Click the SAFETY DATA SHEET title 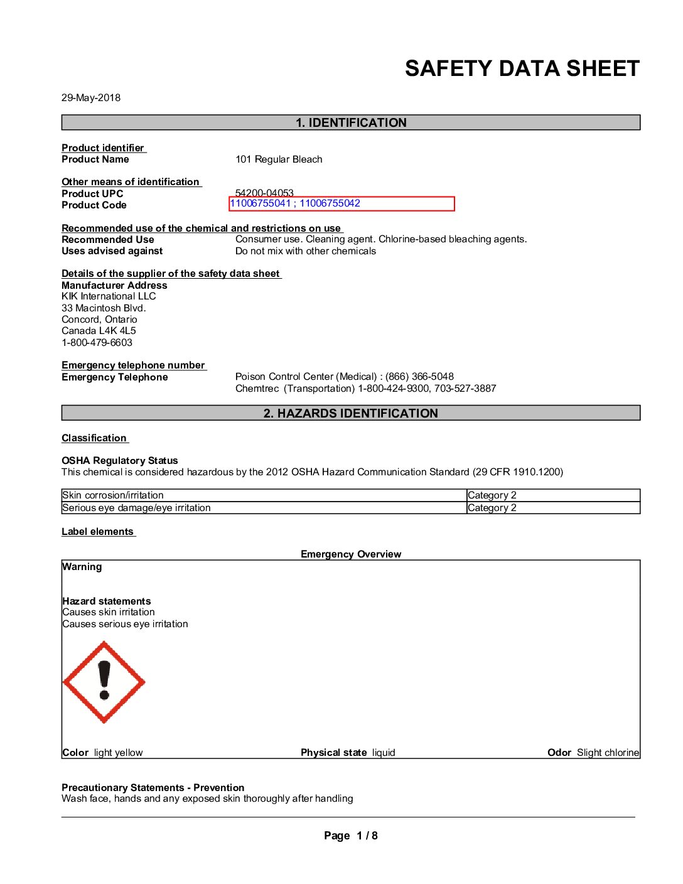pos(522,68)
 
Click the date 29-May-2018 pos(91,97)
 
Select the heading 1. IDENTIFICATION pos(351,122)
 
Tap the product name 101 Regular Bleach pos(279,159)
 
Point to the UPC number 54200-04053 pos(264,192)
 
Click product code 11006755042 pos(330,203)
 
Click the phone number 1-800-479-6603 pos(97,343)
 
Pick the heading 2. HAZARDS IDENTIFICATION pos(351,413)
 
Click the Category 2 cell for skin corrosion pos(492,495)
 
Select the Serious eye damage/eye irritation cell pos(137,508)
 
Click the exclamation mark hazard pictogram pos(104,682)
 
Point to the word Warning pos(82,567)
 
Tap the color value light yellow pos(119,753)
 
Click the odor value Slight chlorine pos(608,753)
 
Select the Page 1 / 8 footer pos(351,836)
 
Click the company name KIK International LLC pos(109,296)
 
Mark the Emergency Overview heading pos(351,554)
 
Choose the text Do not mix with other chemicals pos(306,251)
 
